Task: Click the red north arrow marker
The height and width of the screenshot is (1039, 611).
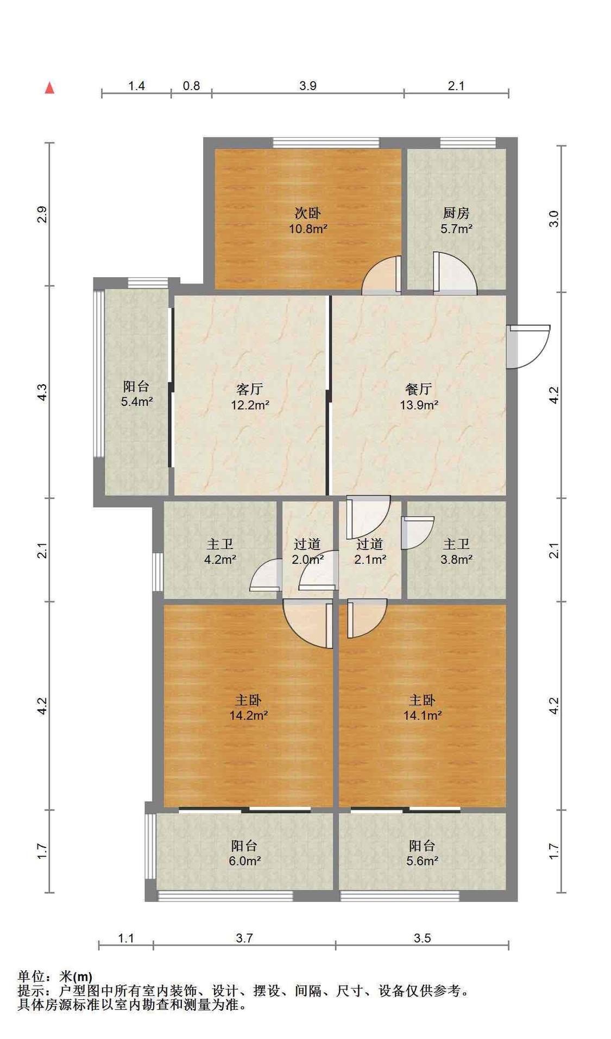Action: [49, 87]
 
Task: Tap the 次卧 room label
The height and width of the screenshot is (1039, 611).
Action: [307, 213]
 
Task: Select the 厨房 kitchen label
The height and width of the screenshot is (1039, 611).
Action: [456, 213]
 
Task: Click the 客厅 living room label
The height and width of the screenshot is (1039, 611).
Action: [250, 389]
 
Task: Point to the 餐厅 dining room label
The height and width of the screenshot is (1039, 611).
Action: [419, 389]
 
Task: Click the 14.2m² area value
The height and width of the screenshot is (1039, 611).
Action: [248, 715]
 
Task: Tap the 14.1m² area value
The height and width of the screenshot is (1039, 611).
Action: [422, 715]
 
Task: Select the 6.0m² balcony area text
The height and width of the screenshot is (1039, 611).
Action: [244, 860]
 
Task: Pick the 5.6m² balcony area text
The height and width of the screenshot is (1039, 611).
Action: [422, 860]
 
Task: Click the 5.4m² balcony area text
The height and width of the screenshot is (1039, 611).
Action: [136, 401]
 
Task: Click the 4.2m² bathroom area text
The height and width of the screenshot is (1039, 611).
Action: [220, 559]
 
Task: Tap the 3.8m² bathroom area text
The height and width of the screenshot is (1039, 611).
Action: [456, 559]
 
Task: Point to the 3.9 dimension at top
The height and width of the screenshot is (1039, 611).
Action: [308, 86]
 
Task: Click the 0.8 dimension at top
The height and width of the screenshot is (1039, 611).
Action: [191, 86]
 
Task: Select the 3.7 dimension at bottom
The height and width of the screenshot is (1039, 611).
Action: [244, 938]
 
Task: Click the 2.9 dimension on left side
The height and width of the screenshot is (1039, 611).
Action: [42, 215]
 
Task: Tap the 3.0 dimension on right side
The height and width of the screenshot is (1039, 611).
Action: [553, 219]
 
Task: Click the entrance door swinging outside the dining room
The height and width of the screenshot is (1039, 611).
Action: [528, 346]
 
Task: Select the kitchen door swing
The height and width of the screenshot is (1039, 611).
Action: [455, 273]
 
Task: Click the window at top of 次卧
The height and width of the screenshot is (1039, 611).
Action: [326, 143]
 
